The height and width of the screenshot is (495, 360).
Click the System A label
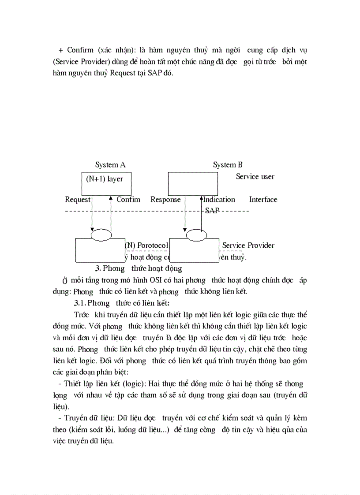110,165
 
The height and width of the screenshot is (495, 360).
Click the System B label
228,165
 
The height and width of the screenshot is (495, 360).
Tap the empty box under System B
193,183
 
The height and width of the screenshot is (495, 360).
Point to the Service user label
255,176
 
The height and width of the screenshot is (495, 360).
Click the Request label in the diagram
78,199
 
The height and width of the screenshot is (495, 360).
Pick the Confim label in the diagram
128,199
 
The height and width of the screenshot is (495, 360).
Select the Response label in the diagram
165,199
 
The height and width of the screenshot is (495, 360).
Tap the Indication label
219,199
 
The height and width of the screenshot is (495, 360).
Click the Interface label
263,199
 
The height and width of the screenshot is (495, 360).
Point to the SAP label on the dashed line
212,211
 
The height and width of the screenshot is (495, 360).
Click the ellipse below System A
101,235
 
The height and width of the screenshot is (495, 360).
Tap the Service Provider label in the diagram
248,245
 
